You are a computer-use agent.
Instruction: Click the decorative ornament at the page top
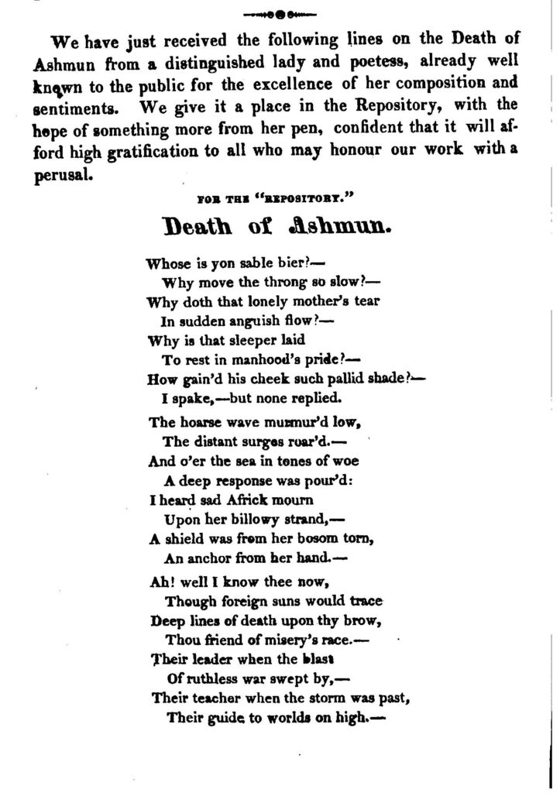point(280,13)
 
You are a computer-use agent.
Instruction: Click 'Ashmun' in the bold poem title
point(342,227)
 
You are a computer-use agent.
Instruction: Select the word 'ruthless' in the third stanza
point(209,678)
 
